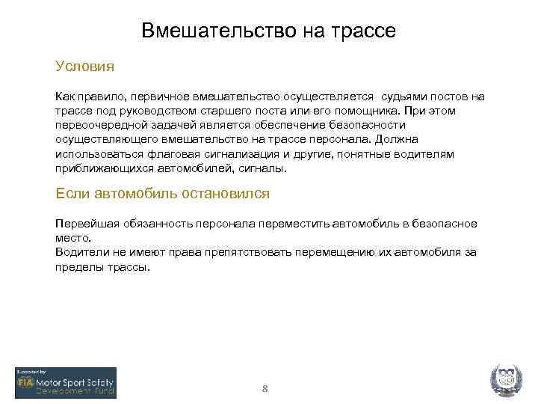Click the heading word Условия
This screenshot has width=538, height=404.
click(x=84, y=66)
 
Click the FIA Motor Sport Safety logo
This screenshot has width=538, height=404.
click(x=66, y=382)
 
